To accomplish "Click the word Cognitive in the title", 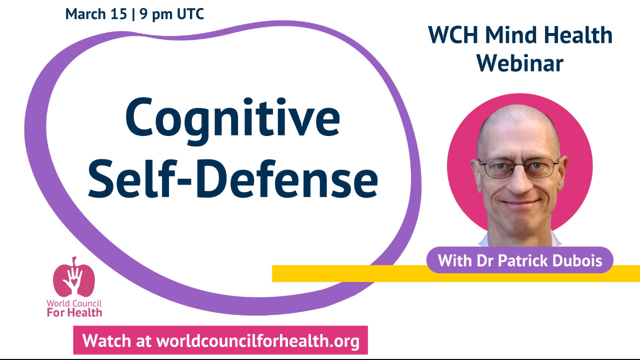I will (232, 118).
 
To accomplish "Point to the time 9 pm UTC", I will (172, 14).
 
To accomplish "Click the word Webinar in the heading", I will (520, 63).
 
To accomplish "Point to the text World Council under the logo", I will (74, 303).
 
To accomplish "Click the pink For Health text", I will (74, 313).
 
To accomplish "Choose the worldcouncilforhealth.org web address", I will (258, 341).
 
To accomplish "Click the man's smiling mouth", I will (519, 203).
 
